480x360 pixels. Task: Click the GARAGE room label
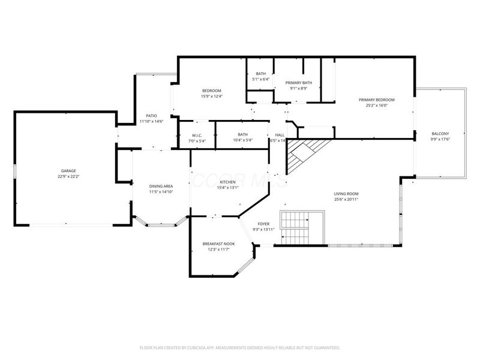tap(68, 171)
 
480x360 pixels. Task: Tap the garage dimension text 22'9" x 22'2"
tap(68, 177)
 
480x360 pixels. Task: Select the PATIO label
tap(151, 116)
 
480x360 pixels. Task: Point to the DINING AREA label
tap(161, 186)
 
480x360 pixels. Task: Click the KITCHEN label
tap(227, 182)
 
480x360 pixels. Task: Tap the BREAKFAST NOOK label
tap(218, 243)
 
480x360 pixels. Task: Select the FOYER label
tap(263, 224)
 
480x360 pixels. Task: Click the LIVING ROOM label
tap(346, 194)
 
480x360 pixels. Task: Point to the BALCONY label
tap(440, 134)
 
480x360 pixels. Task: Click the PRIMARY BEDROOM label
tap(376, 100)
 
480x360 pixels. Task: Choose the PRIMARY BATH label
tap(298, 83)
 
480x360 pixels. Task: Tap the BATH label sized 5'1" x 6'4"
tap(260, 73)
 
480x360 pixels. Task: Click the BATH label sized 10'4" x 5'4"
tap(242, 135)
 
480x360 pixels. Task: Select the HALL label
tap(280, 135)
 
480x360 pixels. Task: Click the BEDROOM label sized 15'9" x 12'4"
tap(211, 91)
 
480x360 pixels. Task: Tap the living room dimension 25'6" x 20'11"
tap(346, 199)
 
